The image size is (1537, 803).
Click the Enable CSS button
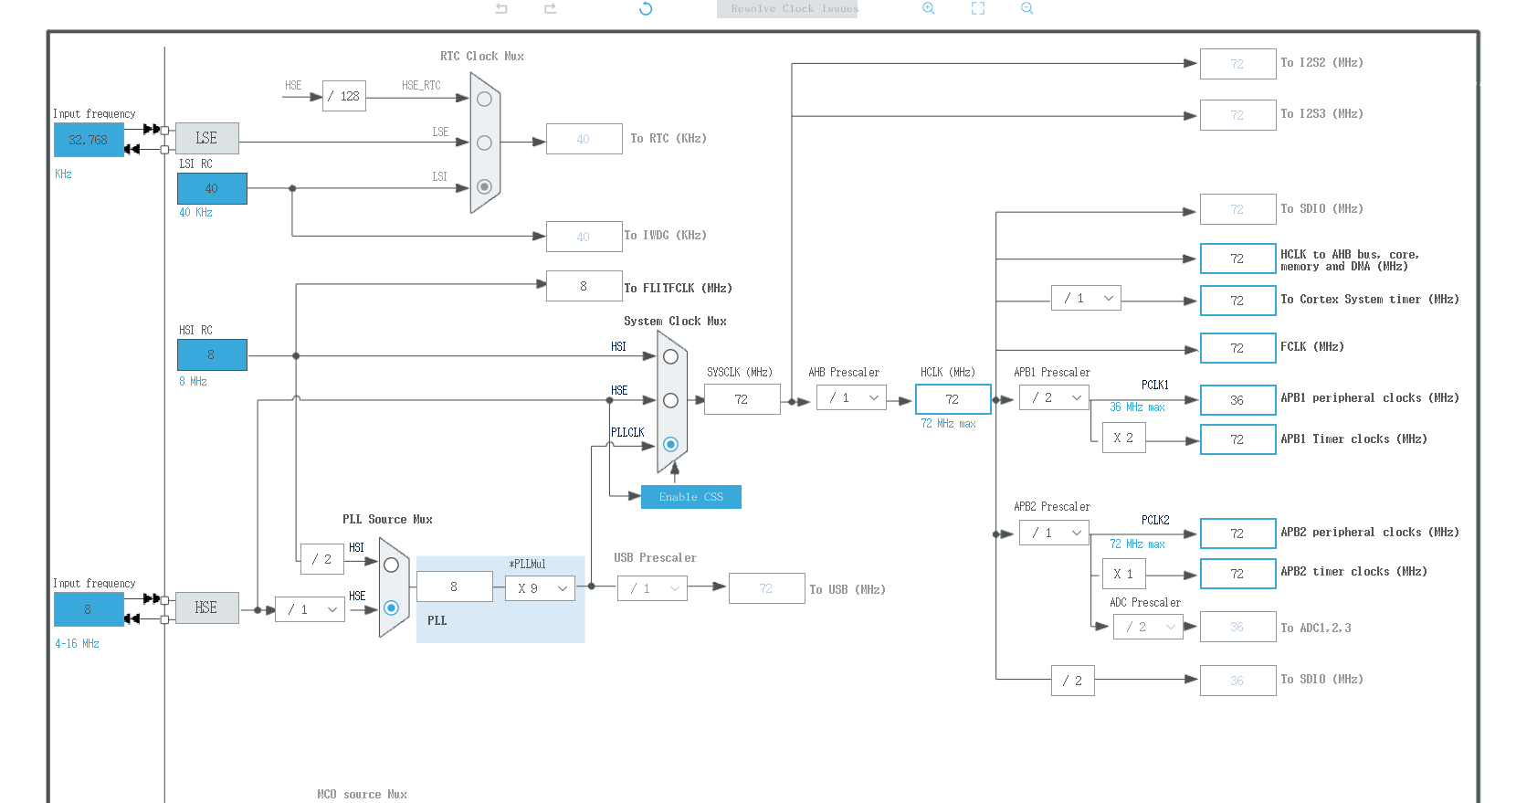(x=690, y=497)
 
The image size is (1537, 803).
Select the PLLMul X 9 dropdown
(x=540, y=588)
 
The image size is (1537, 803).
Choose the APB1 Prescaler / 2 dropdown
(x=1055, y=397)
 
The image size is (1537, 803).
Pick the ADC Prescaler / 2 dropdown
(x=1148, y=627)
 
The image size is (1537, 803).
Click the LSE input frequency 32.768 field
(x=89, y=140)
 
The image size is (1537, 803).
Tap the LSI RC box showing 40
(x=212, y=188)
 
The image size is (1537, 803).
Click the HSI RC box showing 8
(x=212, y=354)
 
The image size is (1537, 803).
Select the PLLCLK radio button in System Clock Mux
(x=670, y=444)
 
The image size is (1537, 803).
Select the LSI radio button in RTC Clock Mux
(x=484, y=186)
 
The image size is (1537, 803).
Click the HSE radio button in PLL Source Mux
(x=391, y=608)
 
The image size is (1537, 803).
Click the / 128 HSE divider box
(x=344, y=96)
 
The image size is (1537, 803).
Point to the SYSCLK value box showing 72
(x=742, y=399)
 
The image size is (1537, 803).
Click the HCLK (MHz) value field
(x=953, y=399)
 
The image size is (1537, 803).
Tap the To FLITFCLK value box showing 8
(x=584, y=286)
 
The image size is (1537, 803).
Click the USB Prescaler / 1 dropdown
(x=652, y=588)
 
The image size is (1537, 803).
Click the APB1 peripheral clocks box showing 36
(x=1237, y=400)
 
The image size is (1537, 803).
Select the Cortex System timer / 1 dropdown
(x=1086, y=298)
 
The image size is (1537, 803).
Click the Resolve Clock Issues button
(x=787, y=9)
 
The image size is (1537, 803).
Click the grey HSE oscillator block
(x=206, y=608)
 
